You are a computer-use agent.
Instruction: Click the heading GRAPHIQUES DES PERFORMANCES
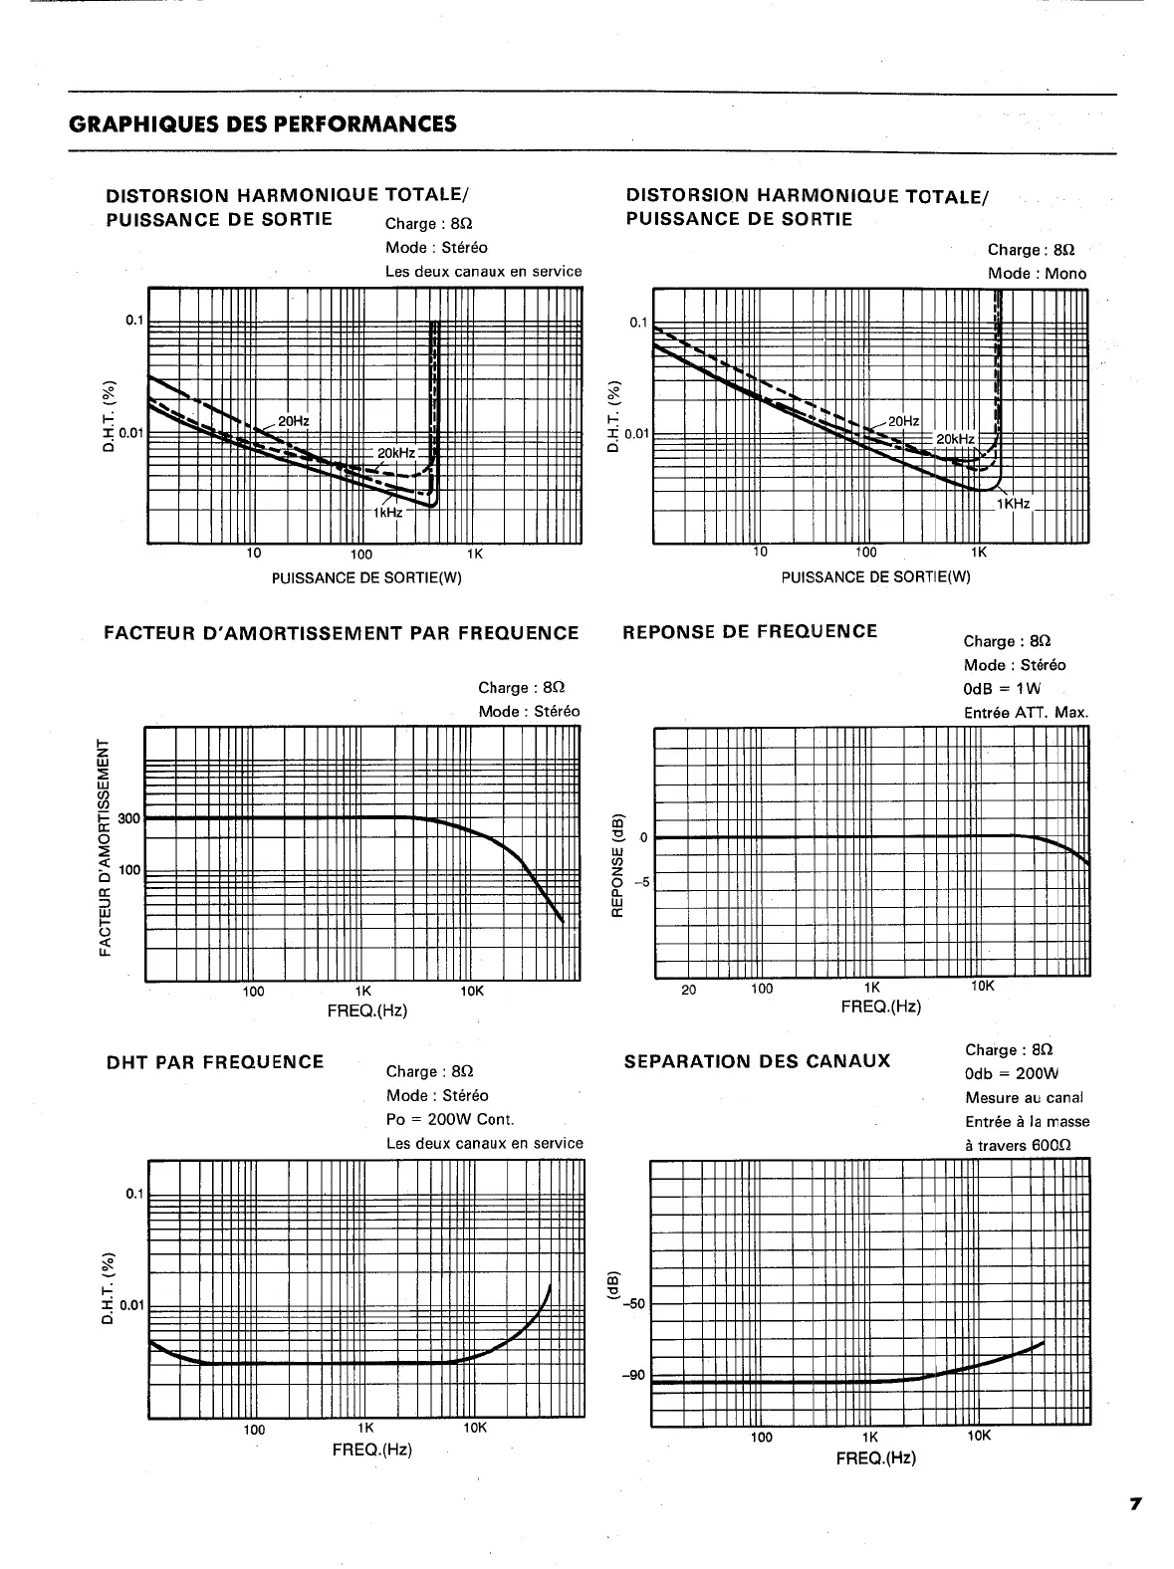point(263,124)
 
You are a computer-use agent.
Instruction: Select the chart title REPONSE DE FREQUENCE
point(750,631)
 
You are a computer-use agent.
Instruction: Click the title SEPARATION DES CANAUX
point(757,1061)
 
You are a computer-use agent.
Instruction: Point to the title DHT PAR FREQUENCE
point(215,1062)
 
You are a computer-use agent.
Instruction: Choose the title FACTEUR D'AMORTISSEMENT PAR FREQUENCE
point(342,633)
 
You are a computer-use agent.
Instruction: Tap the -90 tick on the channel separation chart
point(633,1376)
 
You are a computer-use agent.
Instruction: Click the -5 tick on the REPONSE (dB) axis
point(642,882)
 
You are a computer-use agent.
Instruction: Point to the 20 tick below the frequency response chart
point(688,990)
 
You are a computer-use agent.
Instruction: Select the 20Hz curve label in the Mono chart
point(904,421)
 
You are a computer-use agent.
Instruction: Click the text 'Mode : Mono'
point(1037,274)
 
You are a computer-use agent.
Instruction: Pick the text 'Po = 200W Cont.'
point(450,1119)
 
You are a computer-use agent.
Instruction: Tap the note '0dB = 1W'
point(1002,689)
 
